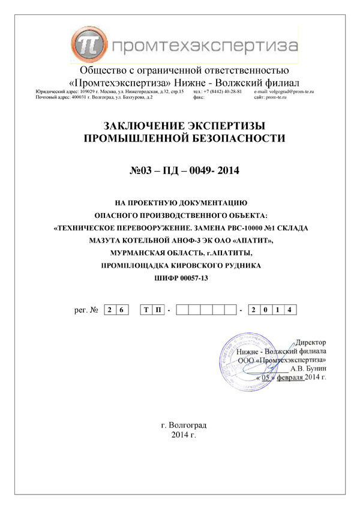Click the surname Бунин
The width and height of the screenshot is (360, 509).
[317, 369]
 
